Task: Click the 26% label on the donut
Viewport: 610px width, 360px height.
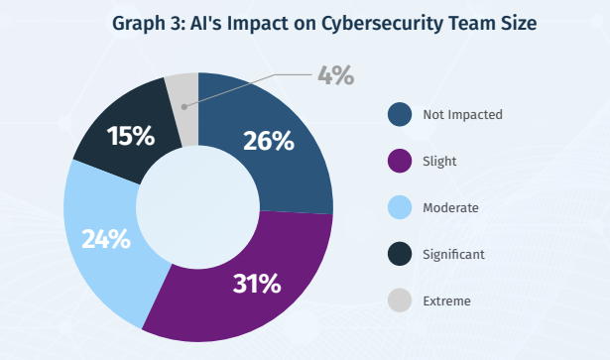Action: (269, 141)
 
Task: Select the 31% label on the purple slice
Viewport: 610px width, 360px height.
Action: (257, 284)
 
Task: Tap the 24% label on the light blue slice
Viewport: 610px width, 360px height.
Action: (106, 239)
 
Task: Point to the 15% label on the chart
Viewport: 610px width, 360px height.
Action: (131, 136)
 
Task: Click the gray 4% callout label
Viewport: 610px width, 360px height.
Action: (335, 75)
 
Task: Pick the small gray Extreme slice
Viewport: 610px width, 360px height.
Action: (183, 109)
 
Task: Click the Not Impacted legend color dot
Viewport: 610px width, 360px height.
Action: (400, 114)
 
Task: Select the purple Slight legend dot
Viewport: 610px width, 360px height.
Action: (400, 161)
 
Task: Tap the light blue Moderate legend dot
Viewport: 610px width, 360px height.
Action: (400, 207)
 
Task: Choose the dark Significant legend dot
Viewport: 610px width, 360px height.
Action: (400, 254)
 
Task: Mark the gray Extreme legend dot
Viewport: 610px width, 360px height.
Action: (400, 300)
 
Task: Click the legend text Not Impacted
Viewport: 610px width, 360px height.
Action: (462, 115)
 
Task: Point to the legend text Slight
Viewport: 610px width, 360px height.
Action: (439, 162)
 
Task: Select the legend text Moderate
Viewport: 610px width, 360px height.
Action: (450, 208)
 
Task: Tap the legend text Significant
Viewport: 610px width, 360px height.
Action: (453, 255)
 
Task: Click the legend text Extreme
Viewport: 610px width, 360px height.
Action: (446, 301)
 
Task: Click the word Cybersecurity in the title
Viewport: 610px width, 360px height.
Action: (382, 24)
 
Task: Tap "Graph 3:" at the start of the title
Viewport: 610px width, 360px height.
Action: (148, 24)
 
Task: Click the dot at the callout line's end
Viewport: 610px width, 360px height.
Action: (184, 107)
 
